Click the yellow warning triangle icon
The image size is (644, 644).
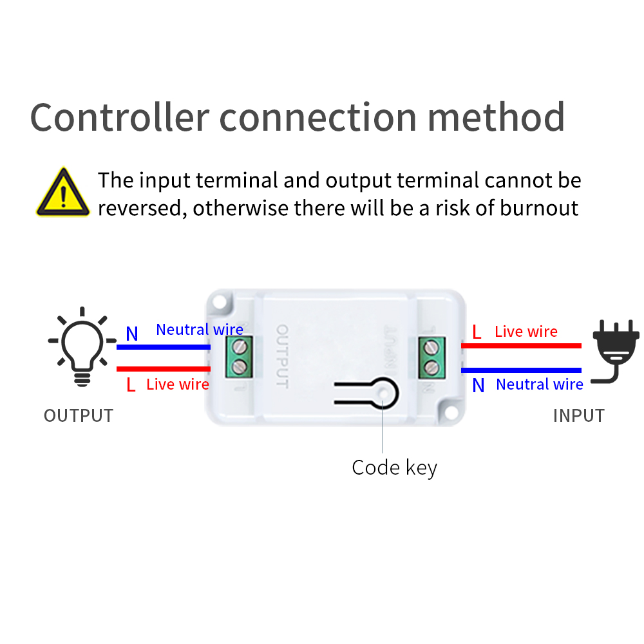pyautogui.click(x=62, y=193)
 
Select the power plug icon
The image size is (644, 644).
pyautogui.click(x=615, y=351)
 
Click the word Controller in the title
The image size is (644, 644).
pyautogui.click(x=120, y=118)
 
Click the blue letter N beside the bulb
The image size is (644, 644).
pyautogui.click(x=132, y=334)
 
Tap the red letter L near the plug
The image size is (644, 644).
pyautogui.click(x=477, y=332)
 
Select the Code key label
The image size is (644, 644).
pyautogui.click(x=394, y=468)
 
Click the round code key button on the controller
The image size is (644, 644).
pyautogui.click(x=385, y=393)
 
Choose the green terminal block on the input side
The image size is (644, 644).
pyautogui.click(x=429, y=357)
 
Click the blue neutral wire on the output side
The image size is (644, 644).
pyautogui.click(x=164, y=347)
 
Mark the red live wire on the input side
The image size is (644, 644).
pyautogui.click(x=521, y=346)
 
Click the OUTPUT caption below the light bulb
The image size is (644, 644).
pyautogui.click(x=79, y=416)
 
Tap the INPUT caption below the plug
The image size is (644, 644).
pyautogui.click(x=578, y=416)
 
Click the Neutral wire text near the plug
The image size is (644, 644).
pyautogui.click(x=539, y=384)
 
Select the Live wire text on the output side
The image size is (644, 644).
pyautogui.click(x=178, y=384)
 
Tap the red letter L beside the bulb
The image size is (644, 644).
pyautogui.click(x=131, y=385)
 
